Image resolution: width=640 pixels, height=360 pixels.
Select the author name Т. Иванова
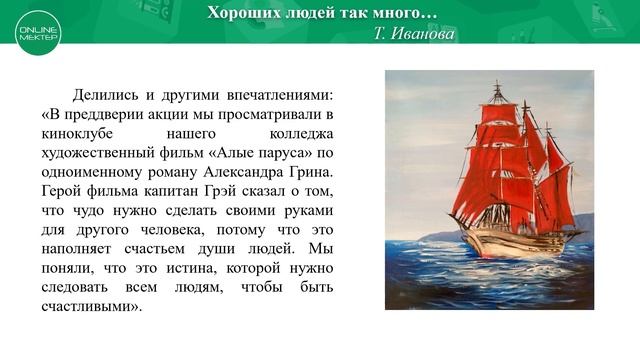[414, 33]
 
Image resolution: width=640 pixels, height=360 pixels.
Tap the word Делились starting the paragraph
[104, 95]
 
